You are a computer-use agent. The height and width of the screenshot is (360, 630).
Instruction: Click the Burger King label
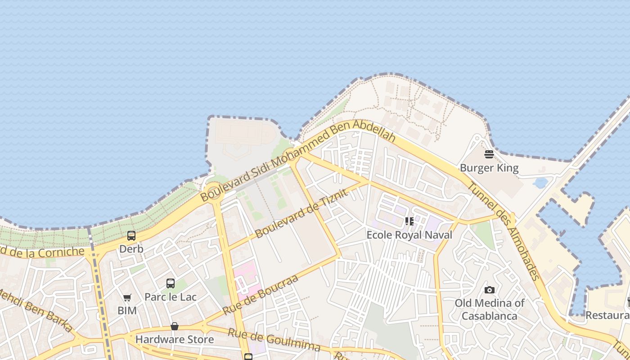(489, 168)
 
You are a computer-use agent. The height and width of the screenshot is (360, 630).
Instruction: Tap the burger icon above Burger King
(489, 154)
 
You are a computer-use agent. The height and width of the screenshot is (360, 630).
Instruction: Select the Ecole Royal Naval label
(409, 235)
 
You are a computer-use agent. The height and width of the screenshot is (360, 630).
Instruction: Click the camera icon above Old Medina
(490, 290)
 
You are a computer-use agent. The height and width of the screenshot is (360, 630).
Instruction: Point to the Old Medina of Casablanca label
(490, 309)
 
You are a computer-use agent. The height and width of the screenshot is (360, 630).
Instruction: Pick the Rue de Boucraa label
(261, 295)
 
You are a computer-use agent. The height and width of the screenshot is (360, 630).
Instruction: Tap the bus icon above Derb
(131, 235)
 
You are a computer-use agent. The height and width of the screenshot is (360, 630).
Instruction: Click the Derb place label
(131, 249)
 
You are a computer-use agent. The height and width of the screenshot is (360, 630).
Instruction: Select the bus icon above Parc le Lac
(171, 283)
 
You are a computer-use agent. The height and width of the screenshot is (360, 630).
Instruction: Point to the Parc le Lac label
(171, 297)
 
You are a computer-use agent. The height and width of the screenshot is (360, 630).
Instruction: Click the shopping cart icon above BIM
(127, 297)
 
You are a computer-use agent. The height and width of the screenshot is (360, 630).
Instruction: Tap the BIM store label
(127, 310)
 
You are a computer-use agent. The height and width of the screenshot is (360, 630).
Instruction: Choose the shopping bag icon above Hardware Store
(175, 326)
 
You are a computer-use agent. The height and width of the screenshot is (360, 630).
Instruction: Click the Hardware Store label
(175, 339)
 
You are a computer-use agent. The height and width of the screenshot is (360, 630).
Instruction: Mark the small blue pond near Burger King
(540, 183)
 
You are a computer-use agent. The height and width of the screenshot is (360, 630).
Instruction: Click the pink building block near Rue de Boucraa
(247, 280)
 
